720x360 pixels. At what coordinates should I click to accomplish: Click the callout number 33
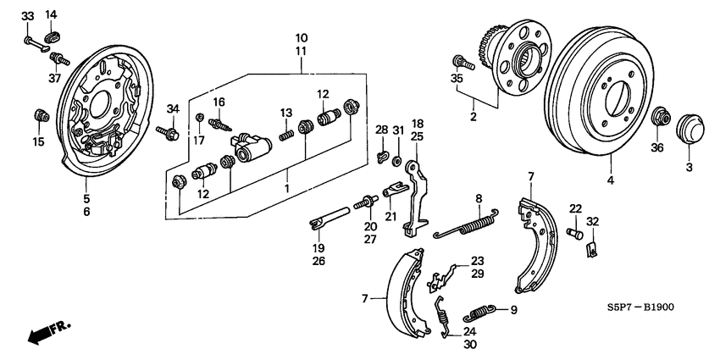tap(27, 16)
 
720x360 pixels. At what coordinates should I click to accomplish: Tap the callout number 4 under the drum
tap(609, 180)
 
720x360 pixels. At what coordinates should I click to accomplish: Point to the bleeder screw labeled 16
tap(223, 124)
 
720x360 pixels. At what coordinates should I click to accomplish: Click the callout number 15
tap(38, 142)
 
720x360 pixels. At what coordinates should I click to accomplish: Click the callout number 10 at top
tap(302, 38)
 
